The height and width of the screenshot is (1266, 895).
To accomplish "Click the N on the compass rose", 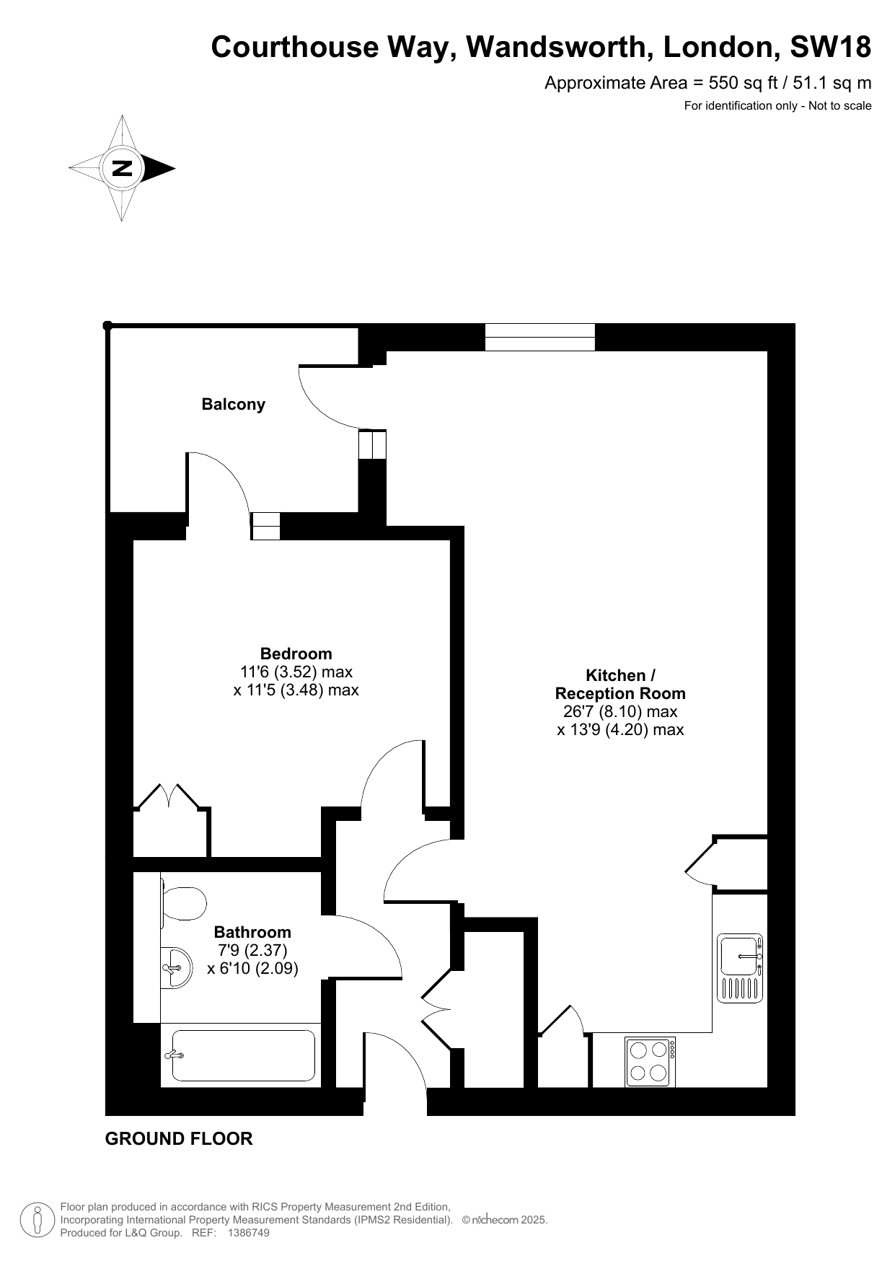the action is coord(122,168).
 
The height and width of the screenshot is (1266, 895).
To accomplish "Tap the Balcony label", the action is coord(233,404).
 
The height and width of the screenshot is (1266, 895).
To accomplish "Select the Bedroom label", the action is coord(296,654).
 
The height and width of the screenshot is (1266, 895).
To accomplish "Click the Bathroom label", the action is coord(252,932).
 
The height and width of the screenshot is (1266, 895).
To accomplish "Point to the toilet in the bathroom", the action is coord(183,903).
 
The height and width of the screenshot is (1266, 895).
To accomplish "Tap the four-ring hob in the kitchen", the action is coord(651,1062).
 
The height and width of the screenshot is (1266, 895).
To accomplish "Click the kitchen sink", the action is coord(740,968).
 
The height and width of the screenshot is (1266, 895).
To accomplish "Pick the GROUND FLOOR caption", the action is coord(179,1139).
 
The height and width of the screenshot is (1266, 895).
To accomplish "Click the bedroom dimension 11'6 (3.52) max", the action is coord(296,672).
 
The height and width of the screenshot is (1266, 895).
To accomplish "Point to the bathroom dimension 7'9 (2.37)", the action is coord(252,950).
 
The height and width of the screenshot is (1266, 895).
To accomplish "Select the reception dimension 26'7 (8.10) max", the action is coord(620,712).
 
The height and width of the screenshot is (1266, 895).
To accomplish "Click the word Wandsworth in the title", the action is coord(555,48).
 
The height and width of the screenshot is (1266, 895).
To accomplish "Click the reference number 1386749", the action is coord(248,1233).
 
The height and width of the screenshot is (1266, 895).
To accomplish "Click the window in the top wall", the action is coord(540,337).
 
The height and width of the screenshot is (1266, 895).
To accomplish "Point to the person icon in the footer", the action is coord(36,1220).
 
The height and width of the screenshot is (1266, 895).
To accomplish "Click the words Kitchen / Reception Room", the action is coord(620,685).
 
